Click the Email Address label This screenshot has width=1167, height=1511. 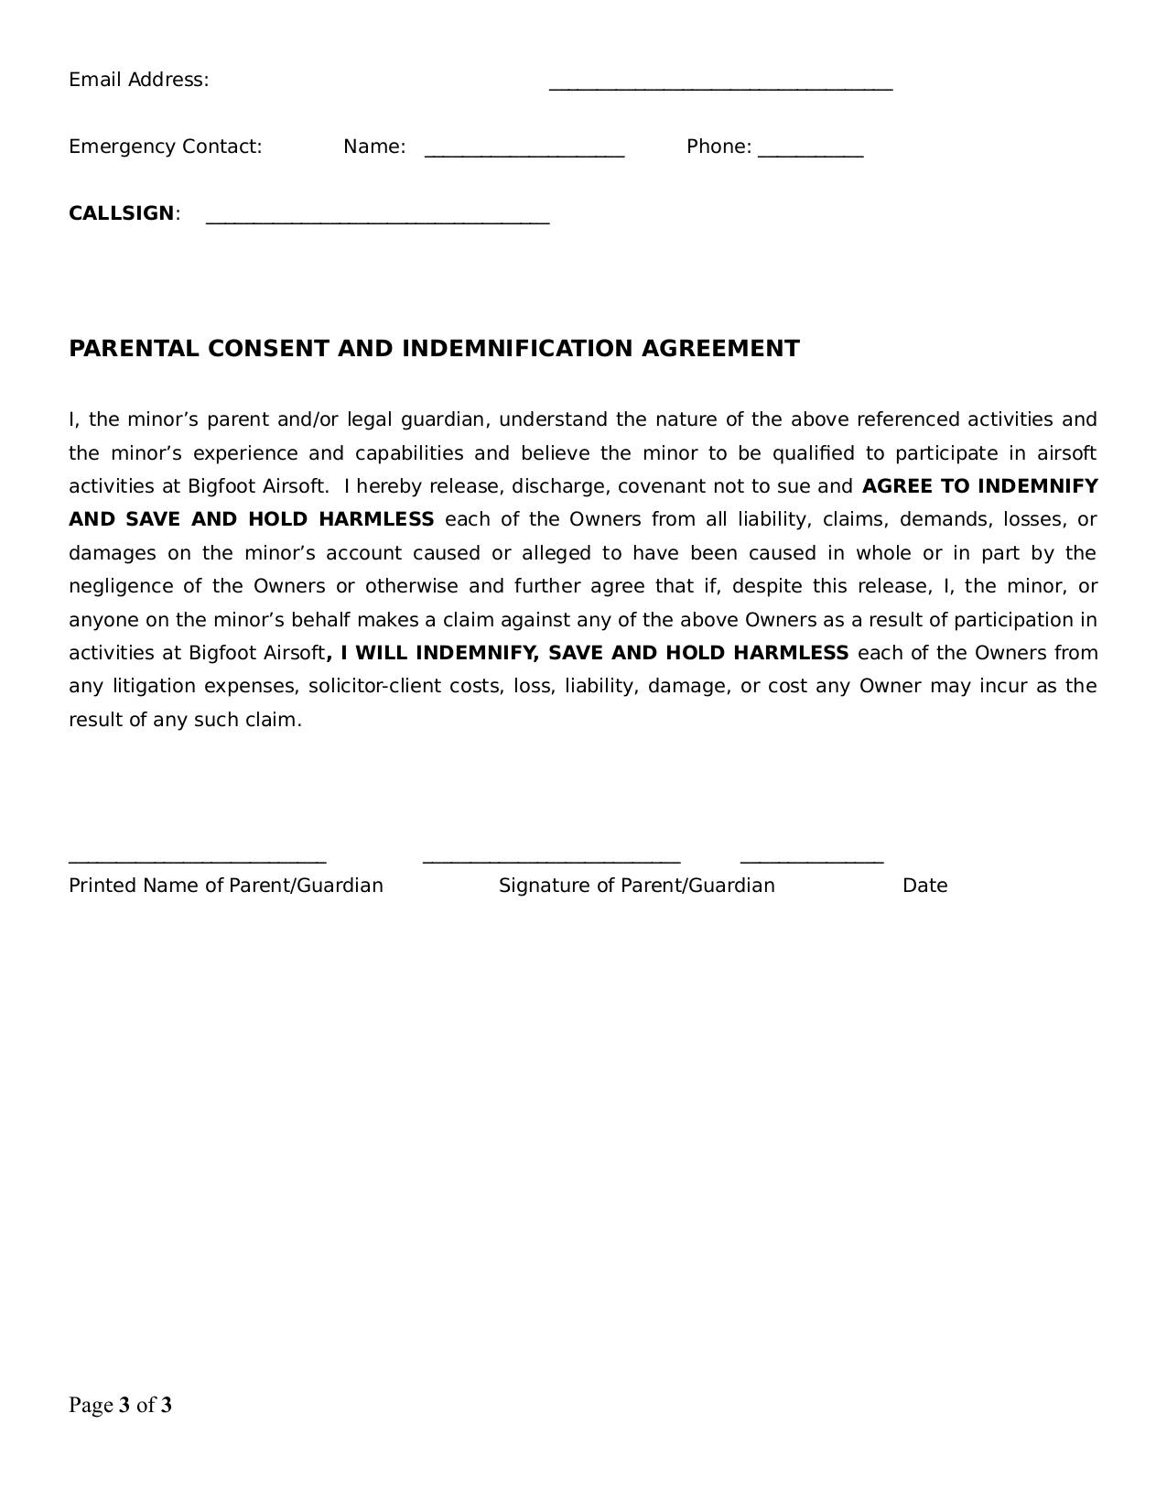coord(138,80)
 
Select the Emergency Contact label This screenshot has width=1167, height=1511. coord(165,147)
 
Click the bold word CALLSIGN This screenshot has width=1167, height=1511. coord(121,213)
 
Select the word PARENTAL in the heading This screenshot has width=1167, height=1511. coord(134,349)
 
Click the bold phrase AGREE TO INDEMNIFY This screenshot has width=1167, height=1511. coord(979,486)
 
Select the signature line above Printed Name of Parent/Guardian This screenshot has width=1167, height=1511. coord(197,862)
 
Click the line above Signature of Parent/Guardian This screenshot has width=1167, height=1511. coord(551,862)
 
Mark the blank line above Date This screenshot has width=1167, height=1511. coord(811,862)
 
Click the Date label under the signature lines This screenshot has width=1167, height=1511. coord(924,886)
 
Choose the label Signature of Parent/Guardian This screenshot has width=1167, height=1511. coord(636,886)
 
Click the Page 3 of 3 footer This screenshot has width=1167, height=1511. coord(120,1405)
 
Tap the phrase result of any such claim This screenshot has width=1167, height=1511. coord(185,720)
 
